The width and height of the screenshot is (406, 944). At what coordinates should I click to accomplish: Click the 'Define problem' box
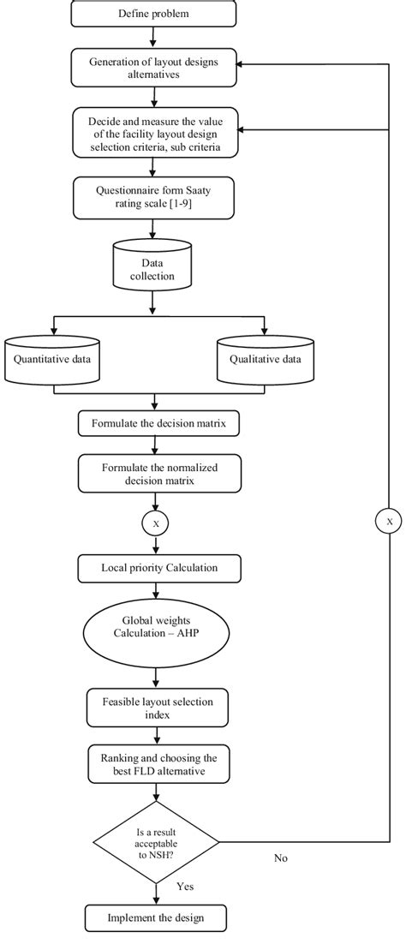(x=153, y=15)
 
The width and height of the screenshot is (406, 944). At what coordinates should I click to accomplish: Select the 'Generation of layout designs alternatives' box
(x=153, y=68)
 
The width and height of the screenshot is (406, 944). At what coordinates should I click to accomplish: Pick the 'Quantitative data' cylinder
(x=55, y=361)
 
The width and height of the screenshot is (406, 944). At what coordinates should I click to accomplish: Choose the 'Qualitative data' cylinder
(x=265, y=361)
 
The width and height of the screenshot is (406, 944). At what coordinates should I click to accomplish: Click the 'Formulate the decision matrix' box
(x=153, y=423)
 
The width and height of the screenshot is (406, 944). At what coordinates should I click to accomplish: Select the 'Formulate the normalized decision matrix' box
(x=153, y=475)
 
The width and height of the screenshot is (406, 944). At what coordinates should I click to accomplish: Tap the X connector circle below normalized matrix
(x=154, y=522)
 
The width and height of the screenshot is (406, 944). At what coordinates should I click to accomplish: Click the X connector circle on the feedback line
(x=388, y=521)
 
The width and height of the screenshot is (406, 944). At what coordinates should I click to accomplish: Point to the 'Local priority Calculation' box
(x=153, y=567)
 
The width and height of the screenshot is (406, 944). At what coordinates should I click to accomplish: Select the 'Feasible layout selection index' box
(x=153, y=708)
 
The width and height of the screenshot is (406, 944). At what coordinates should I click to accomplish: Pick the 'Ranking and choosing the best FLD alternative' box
(x=153, y=762)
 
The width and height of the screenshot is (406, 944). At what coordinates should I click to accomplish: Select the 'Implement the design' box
(x=155, y=920)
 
